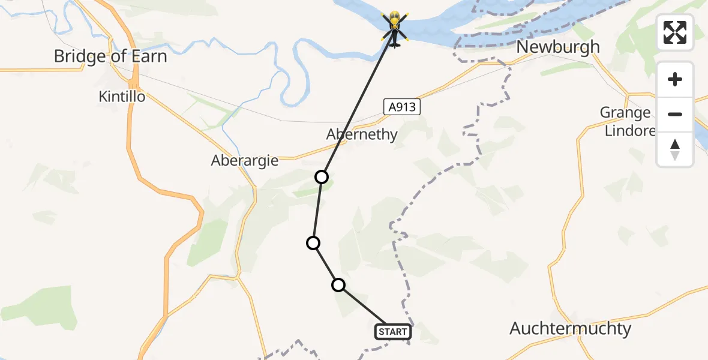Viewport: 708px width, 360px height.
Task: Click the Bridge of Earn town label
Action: pos(110,56)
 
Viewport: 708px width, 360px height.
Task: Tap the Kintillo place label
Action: pos(122,96)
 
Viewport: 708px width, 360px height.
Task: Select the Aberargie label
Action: pos(244,161)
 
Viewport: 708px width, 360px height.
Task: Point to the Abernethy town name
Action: pos(362,134)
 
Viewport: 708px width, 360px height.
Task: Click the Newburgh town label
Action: pos(557,47)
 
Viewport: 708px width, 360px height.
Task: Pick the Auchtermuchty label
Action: pos(570,328)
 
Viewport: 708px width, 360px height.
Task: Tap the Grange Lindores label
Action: pos(628,121)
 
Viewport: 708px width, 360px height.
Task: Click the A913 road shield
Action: pos(400,107)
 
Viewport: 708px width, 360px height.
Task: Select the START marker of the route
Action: pos(393,332)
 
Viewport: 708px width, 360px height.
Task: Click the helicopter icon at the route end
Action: pos(394,28)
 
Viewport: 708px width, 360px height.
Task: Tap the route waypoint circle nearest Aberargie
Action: pos(322,176)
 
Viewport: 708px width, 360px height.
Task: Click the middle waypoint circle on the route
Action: pos(313,242)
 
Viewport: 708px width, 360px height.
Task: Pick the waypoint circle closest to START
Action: pos(338,285)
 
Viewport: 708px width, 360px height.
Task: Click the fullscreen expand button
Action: pos(675,32)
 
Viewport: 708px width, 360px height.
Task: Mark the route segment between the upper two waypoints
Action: pos(317,209)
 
